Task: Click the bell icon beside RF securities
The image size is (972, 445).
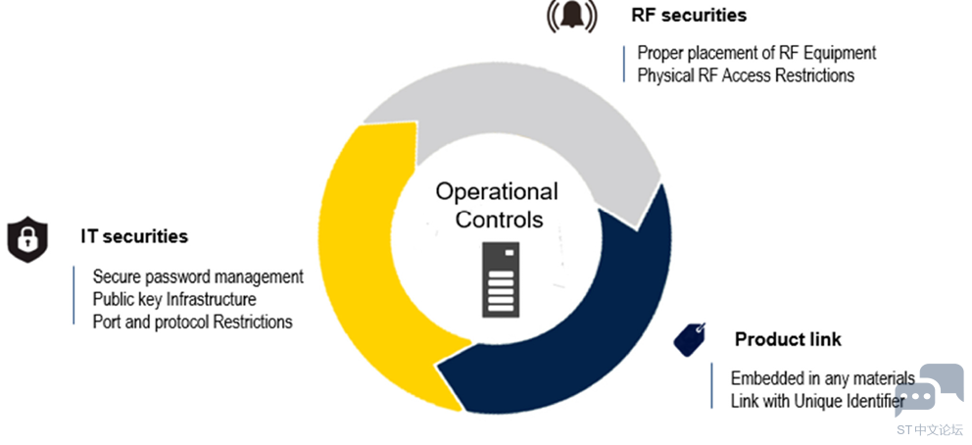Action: [x=571, y=17]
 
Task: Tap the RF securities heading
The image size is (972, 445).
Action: [x=689, y=15]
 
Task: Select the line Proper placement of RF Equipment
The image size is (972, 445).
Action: [x=756, y=53]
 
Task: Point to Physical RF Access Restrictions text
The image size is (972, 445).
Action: [x=746, y=75]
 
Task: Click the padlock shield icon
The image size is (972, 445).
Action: [x=27, y=239]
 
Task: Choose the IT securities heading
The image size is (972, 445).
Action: [x=134, y=236]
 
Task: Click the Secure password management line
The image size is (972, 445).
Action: [x=198, y=276]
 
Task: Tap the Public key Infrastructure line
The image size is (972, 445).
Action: [x=174, y=299]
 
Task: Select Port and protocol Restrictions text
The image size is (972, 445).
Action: [x=192, y=322]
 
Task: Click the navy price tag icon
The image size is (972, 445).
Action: [x=690, y=339]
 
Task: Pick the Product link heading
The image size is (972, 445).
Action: [x=788, y=340]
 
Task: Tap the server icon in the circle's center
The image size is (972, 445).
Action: [x=501, y=279]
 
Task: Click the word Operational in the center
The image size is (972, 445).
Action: [x=497, y=192]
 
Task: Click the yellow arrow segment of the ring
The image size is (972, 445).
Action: [x=360, y=272]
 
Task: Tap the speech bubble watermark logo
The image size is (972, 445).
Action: [x=930, y=390]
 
